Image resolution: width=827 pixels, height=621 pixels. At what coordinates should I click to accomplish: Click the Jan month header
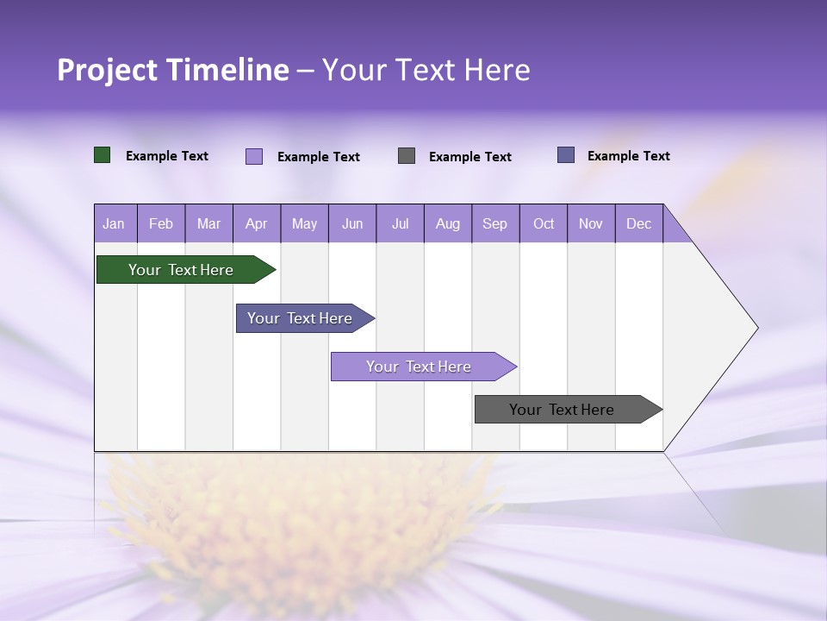114,223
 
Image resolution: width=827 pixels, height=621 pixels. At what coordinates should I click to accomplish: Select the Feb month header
161,223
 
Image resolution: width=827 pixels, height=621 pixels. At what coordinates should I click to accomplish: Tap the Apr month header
257,223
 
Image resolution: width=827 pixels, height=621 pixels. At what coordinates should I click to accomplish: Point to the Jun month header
352,223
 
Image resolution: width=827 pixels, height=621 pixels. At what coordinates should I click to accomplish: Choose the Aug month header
448,223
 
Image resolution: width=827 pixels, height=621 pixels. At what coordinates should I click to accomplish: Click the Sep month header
495,223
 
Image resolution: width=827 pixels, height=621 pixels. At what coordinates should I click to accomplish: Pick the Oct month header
544,223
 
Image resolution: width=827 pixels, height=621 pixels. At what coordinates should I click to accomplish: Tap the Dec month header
639,223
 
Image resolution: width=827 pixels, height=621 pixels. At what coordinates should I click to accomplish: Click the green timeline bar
181,270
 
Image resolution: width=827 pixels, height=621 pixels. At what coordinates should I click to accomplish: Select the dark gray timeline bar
562,410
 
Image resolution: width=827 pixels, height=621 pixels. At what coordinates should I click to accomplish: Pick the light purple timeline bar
419,367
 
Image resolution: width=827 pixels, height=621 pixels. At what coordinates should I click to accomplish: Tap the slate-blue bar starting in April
300,318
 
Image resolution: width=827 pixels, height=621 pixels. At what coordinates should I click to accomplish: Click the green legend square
103,155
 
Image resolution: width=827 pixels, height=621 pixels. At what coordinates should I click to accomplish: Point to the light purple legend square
254,156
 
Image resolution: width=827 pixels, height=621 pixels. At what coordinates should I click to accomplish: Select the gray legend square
407,156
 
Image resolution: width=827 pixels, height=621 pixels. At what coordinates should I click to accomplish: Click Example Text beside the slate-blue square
629,156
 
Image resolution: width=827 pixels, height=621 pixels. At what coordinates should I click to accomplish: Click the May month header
304,223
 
